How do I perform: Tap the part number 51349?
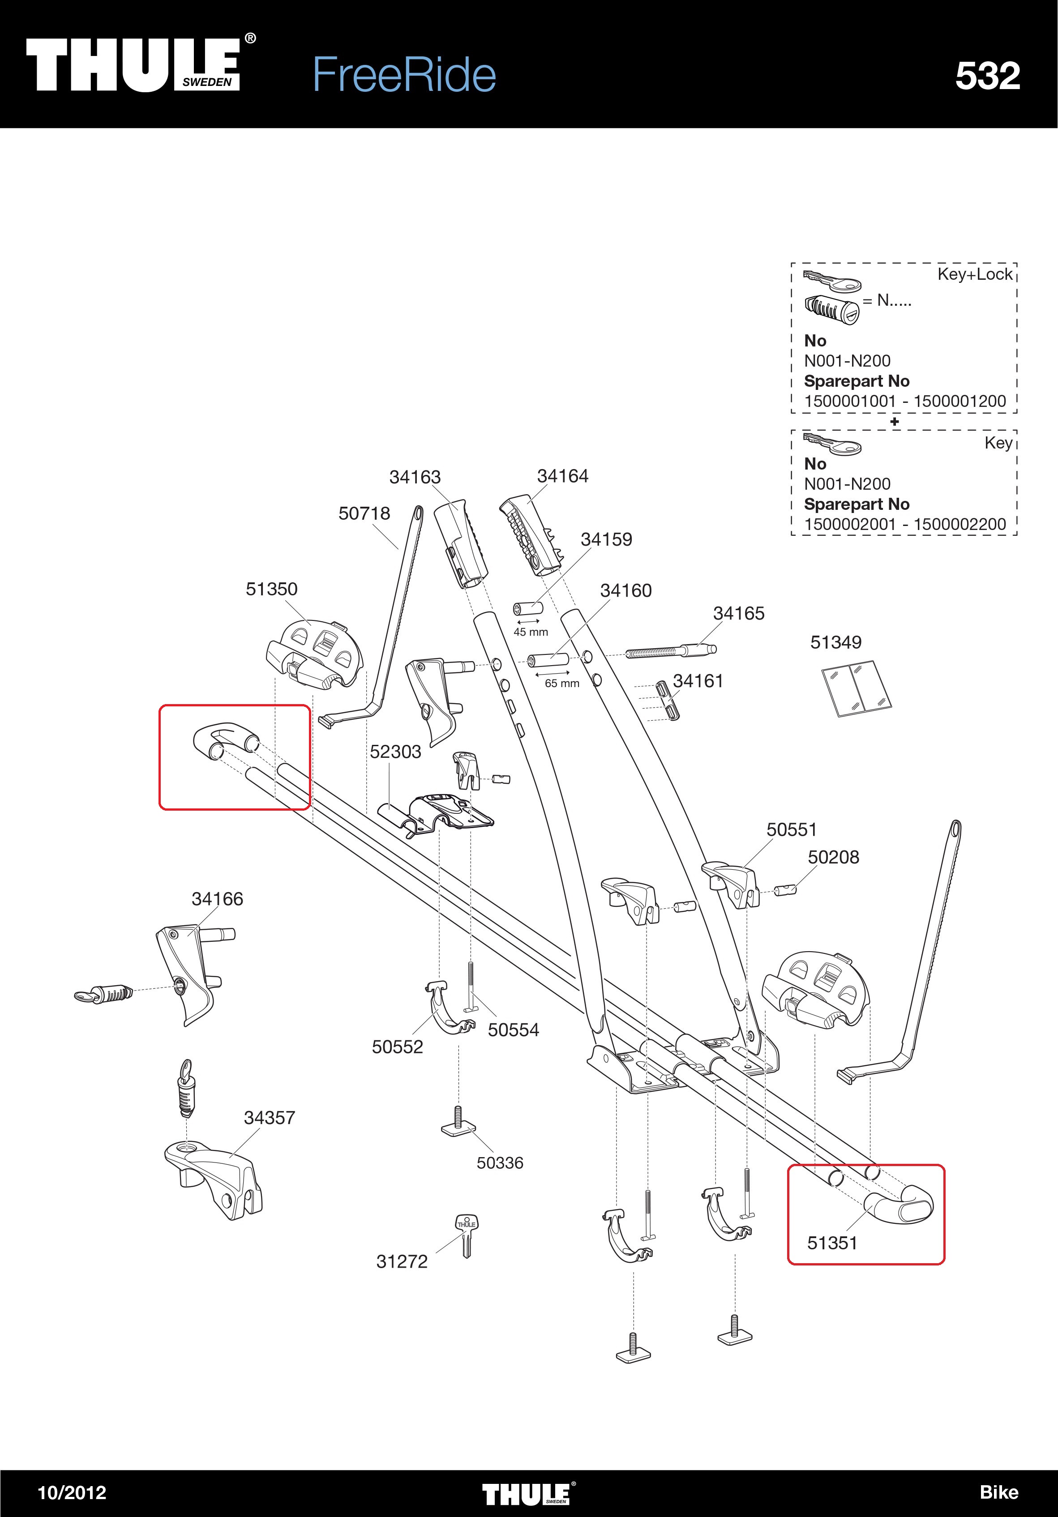pos(835,642)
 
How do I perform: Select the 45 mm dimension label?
pos(531,632)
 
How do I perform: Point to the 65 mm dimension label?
pos(562,683)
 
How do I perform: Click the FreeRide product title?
pos(404,75)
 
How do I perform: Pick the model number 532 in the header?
pos(987,76)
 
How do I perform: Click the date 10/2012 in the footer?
pos(72,1492)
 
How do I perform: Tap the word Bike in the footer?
pos(998,1492)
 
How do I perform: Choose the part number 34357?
pos(269,1117)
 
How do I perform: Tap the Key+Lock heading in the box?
pos(975,274)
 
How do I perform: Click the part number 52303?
pos(395,752)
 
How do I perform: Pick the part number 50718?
pos(364,513)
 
